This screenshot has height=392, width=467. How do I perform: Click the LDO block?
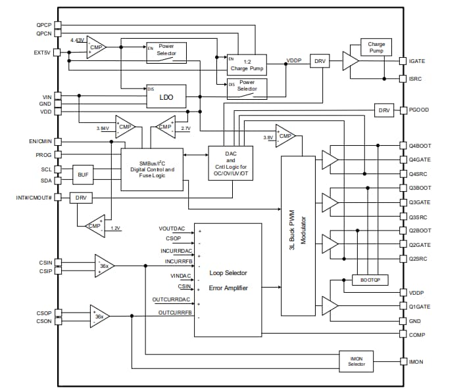pos(166,97)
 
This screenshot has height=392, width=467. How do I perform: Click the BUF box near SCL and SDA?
pos(83,175)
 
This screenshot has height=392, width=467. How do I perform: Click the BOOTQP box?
pos(370,279)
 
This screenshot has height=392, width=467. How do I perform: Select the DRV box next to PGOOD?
pos(385,110)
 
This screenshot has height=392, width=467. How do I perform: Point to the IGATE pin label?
pos(417,61)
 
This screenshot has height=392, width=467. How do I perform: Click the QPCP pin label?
pos(44,24)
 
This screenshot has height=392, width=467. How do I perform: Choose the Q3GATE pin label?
pos(419,202)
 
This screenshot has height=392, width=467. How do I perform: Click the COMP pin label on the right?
pos(417,335)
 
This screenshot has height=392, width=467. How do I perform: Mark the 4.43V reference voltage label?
pos(78,41)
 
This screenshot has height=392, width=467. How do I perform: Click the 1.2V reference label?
pos(115,229)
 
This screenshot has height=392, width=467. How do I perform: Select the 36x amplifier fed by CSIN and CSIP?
pos(103,266)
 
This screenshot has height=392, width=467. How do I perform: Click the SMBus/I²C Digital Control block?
pos(151,169)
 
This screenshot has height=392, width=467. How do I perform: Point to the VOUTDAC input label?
pos(172,229)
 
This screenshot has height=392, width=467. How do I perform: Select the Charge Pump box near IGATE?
pos(376,47)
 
